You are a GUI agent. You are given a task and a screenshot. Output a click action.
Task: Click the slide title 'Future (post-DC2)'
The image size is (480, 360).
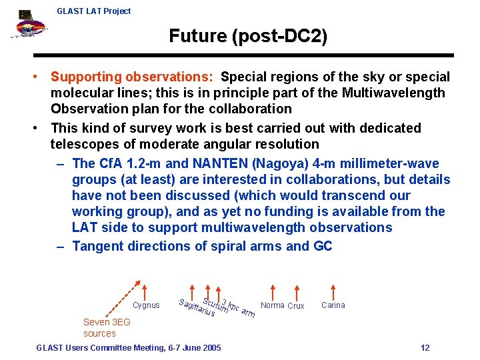tap(248, 36)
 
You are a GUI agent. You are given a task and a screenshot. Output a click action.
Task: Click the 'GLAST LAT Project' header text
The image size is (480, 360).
tap(94, 11)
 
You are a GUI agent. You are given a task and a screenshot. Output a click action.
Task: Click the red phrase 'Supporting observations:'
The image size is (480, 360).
tap(133, 77)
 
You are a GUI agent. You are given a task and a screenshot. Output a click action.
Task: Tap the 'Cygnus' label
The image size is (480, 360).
tap(146, 305)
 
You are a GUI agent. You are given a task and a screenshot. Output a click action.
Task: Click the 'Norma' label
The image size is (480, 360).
tap(273, 305)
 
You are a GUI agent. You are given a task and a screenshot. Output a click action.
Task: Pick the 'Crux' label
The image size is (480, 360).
tap(296, 306)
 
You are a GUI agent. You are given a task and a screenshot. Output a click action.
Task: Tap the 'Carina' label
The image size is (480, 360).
tap(333, 305)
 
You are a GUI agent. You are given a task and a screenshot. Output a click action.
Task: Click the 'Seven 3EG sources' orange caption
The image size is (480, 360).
tap(106, 327)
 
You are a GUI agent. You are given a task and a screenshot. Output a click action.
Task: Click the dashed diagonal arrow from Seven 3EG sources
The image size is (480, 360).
tap(119, 300)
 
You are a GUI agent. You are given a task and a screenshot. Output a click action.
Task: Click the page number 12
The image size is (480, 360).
tap(425, 347)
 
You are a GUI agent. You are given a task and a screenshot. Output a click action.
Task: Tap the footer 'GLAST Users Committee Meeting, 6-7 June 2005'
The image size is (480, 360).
tap(129, 347)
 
